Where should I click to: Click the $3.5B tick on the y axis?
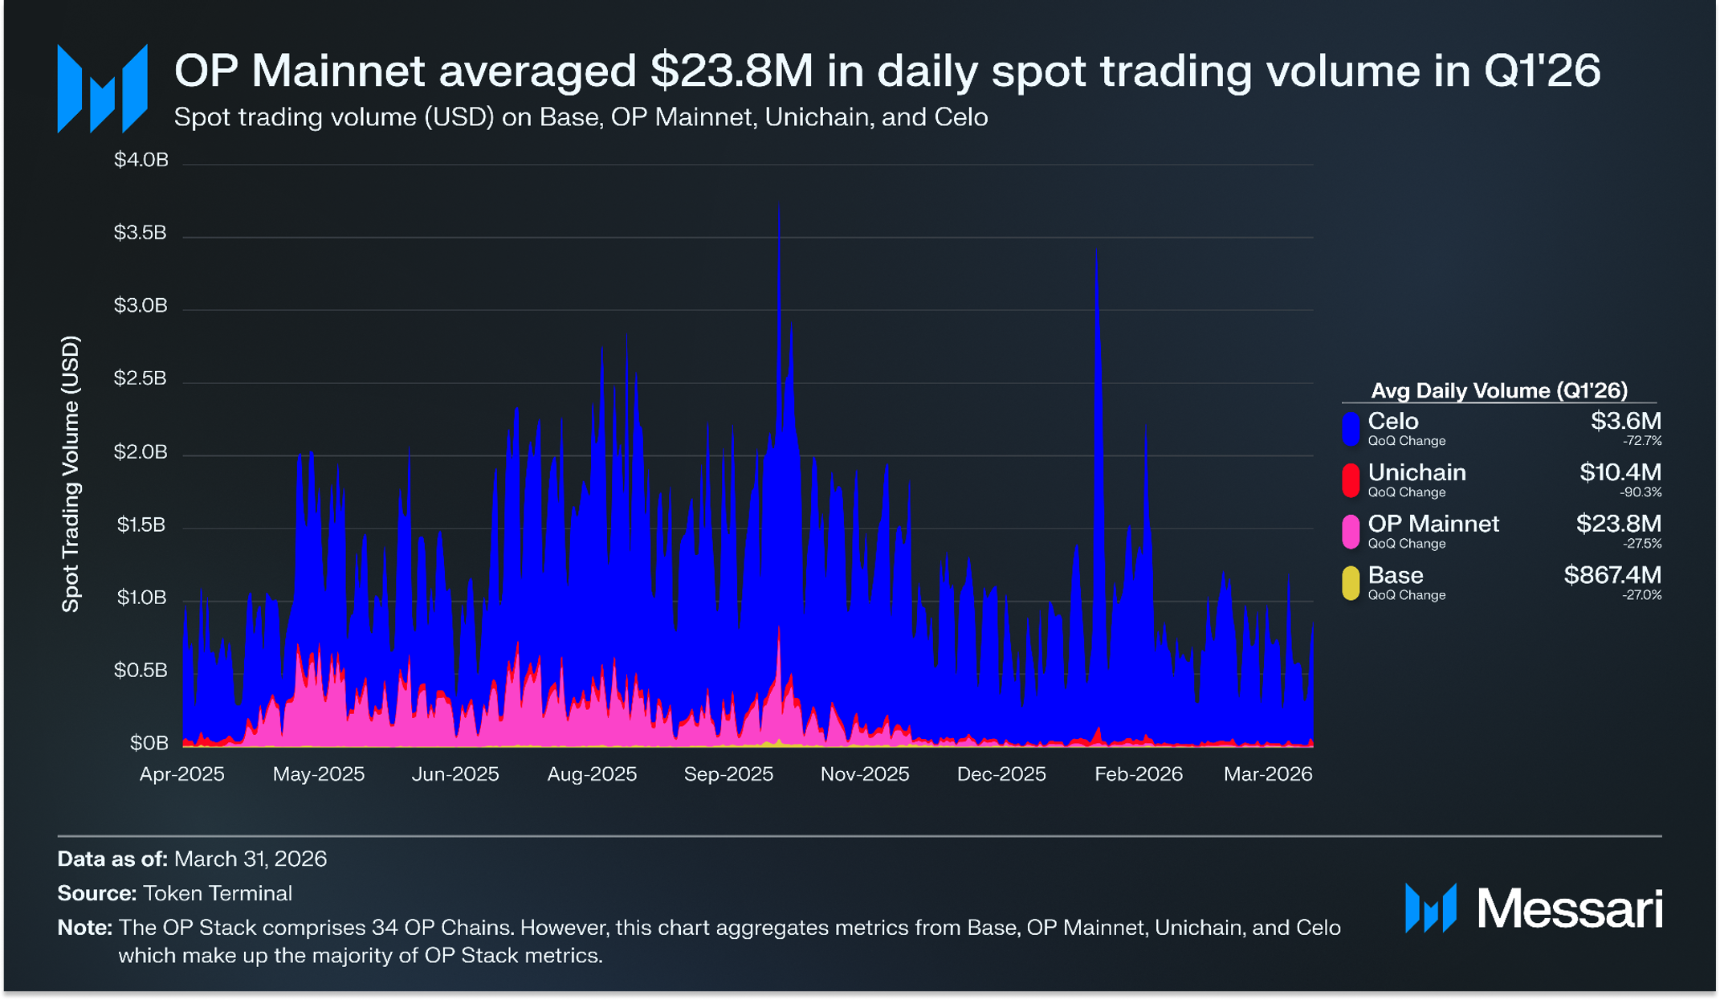point(141,233)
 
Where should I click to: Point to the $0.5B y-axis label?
point(141,670)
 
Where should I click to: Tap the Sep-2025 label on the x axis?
point(728,773)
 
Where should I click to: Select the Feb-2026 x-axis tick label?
point(1139,773)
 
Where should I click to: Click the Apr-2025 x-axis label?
point(182,773)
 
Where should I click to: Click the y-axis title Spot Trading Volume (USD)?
point(71,474)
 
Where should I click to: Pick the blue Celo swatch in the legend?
point(1351,428)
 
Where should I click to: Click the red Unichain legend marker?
point(1351,480)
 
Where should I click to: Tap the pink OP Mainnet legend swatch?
point(1351,531)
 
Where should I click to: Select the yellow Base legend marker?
point(1351,582)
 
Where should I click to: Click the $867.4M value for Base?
point(1612,575)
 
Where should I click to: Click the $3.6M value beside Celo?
point(1626,421)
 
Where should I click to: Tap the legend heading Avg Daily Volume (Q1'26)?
point(1499,390)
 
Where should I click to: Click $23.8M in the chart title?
point(732,71)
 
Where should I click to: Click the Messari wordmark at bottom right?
point(1570,909)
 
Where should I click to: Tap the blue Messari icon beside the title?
point(102,88)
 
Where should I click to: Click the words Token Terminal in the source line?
point(218,893)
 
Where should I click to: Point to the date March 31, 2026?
point(251,859)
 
